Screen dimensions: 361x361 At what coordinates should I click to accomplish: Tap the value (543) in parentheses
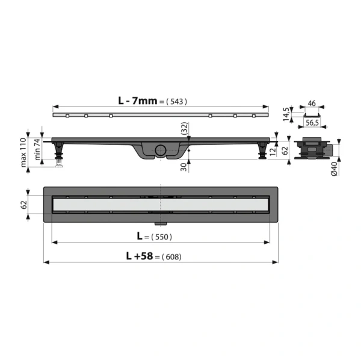click(x=177, y=102)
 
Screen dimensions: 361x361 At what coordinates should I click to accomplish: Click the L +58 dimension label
click(x=141, y=256)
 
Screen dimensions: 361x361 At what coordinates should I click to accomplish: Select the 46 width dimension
click(x=312, y=103)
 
